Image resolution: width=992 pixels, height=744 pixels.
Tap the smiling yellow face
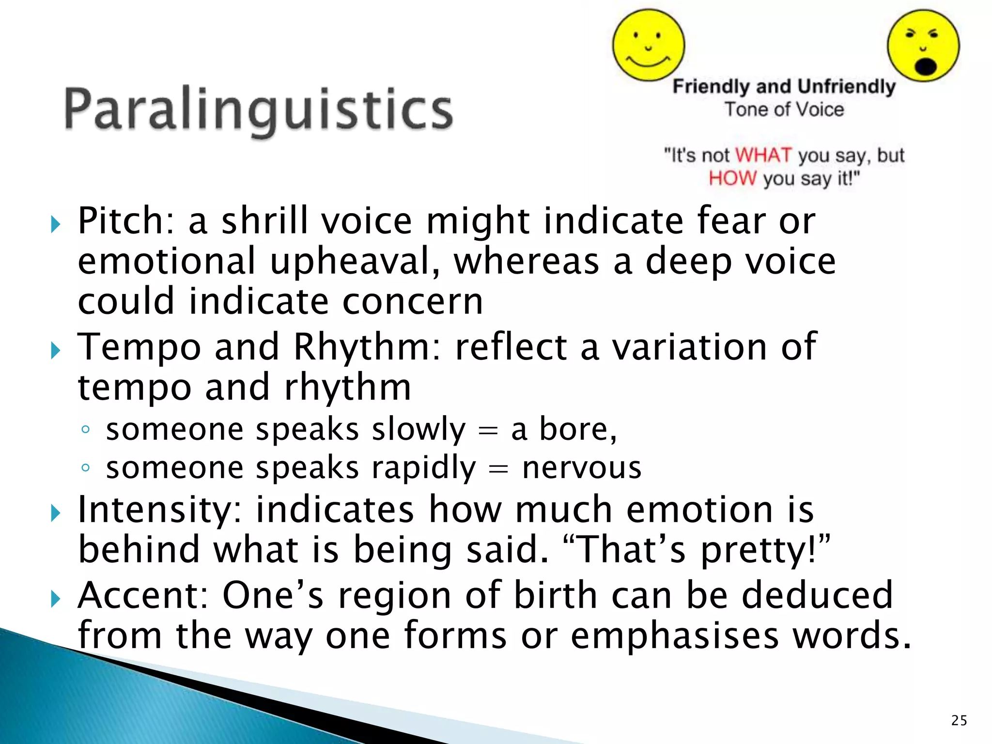tap(649, 46)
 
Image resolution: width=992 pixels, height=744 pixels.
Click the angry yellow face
tap(923, 46)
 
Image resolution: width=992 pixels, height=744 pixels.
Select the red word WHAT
tap(763, 155)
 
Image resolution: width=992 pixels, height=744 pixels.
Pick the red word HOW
tap(732, 178)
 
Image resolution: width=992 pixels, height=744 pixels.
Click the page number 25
tap(959, 720)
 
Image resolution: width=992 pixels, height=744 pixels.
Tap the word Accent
tap(143, 595)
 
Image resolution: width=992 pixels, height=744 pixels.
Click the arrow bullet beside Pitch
tap(55, 224)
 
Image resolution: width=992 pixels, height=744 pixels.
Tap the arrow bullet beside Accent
tap(55, 599)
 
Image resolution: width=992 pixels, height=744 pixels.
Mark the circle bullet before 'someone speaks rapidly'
tap(86, 468)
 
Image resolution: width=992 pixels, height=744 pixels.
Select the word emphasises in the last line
tap(674, 635)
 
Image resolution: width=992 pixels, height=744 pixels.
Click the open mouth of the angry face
tap(925, 66)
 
